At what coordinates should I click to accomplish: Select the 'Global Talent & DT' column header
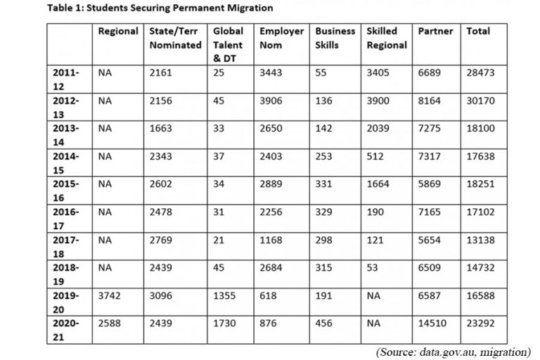pyautogui.click(x=228, y=44)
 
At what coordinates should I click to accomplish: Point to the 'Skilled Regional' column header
pyautogui.click(x=386, y=38)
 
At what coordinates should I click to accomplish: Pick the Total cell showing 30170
pyautogui.click(x=480, y=101)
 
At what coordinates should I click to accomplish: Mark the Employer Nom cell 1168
pyautogui.click(x=271, y=238)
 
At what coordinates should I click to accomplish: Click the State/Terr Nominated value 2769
pyautogui.click(x=161, y=238)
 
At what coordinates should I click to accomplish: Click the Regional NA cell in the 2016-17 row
pyautogui.click(x=105, y=211)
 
